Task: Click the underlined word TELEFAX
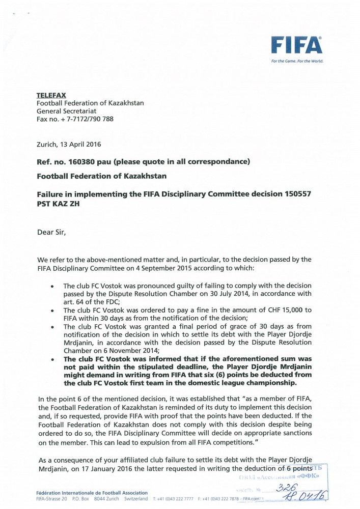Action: coord(51,95)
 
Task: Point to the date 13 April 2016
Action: coord(79,144)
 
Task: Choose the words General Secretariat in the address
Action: coord(67,111)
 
